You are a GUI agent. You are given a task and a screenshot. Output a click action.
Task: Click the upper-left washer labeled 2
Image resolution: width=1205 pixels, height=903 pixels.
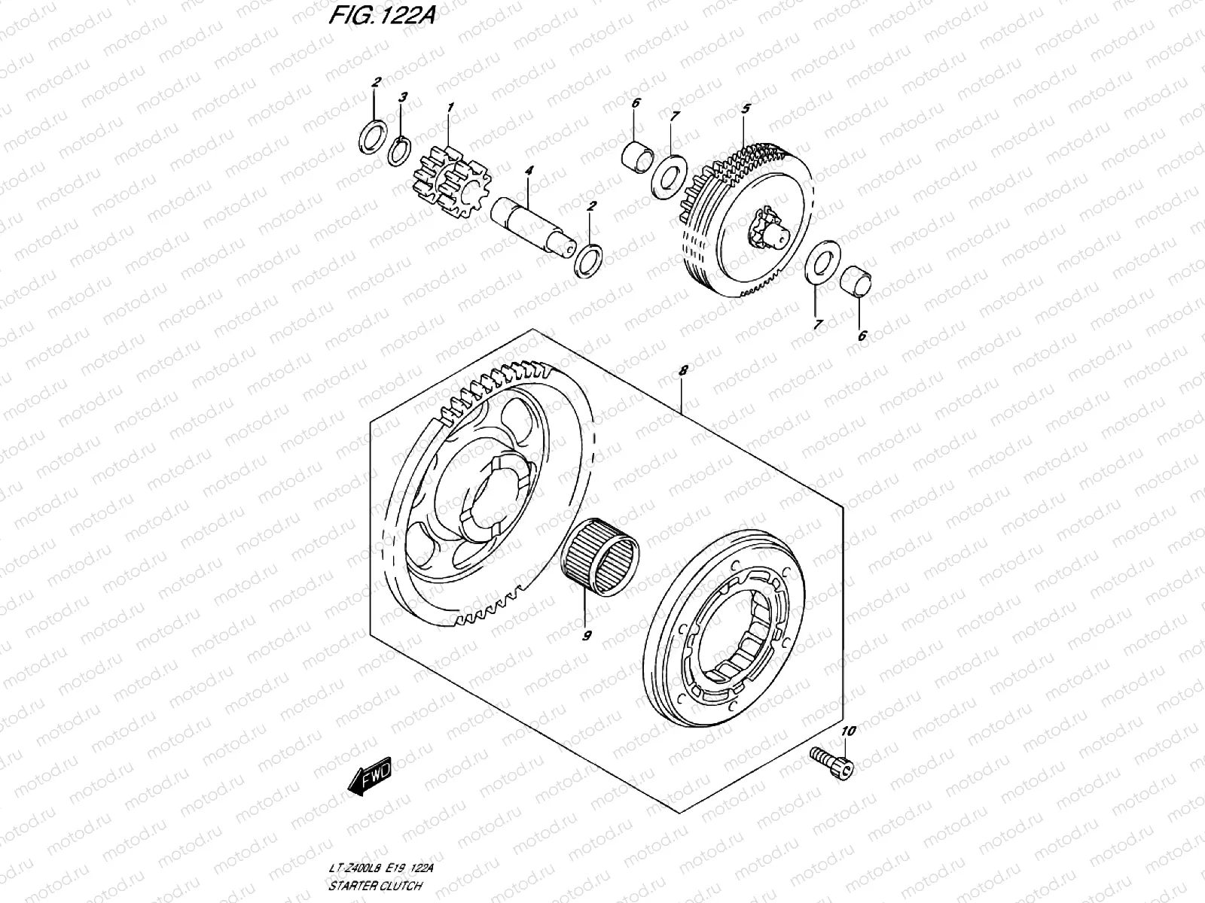point(374,134)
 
